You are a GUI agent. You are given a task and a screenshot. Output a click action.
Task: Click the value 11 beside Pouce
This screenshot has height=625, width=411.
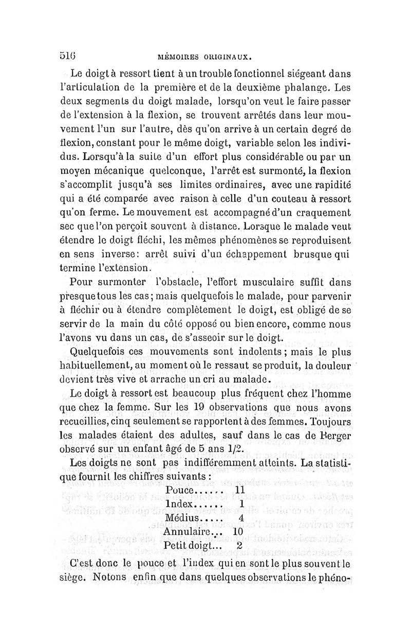click(x=240, y=490)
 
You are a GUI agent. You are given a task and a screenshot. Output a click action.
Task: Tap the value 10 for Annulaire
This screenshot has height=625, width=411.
click(x=237, y=531)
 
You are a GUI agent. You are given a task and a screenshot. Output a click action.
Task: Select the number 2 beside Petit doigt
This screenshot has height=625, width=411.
click(x=239, y=545)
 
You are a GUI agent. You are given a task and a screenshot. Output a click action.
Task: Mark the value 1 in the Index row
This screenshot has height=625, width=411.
click(x=240, y=504)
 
